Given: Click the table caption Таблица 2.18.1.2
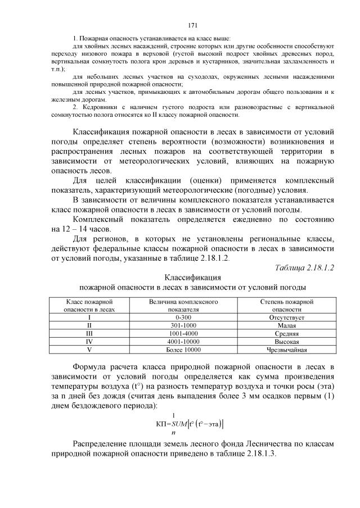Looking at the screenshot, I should click(x=303, y=267).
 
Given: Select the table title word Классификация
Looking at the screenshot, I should click(x=192, y=277).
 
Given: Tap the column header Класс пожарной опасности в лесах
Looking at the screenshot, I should click(x=90, y=305).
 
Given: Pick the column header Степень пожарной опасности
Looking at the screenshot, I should click(x=287, y=305).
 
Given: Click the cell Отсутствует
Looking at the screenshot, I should click(x=287, y=317).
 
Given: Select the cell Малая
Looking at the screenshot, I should click(x=287, y=325).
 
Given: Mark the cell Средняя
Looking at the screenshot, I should click(x=287, y=333).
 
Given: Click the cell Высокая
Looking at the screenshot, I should click(x=287, y=341).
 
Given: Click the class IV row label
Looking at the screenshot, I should click(x=90, y=341).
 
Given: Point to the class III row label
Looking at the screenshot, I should click(x=90, y=333).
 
